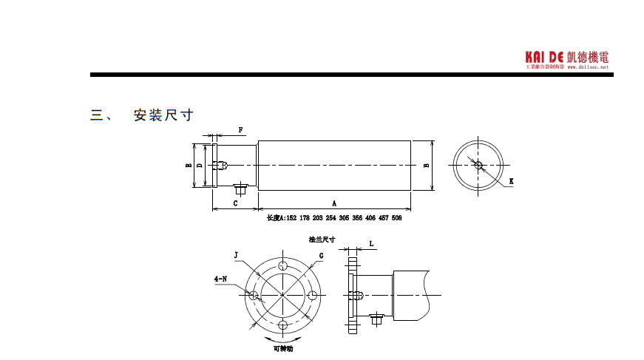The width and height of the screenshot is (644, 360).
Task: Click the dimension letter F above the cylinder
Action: click(x=241, y=130)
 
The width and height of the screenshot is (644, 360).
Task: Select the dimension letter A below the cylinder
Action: click(x=334, y=202)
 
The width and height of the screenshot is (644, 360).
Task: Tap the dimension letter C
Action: click(x=235, y=202)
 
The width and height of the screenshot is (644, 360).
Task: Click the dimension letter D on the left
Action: click(x=200, y=166)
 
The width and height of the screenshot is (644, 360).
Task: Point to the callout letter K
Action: click(x=512, y=181)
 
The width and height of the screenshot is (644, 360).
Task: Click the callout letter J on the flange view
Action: click(x=236, y=255)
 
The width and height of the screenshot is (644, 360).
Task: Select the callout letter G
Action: click(x=322, y=255)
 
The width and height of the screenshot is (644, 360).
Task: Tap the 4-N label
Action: click(x=220, y=279)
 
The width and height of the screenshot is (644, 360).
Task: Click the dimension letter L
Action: click(x=371, y=242)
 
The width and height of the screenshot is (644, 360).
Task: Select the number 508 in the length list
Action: click(x=396, y=218)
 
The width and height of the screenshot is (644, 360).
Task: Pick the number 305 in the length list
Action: click(x=344, y=218)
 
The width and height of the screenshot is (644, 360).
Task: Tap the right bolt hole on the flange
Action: click(x=313, y=295)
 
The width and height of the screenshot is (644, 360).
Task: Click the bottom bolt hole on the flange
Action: click(x=283, y=325)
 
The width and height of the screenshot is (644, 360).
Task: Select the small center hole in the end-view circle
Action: click(x=478, y=165)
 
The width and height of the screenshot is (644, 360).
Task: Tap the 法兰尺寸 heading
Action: click(x=322, y=240)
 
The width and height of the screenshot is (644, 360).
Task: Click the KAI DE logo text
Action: click(x=545, y=57)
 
